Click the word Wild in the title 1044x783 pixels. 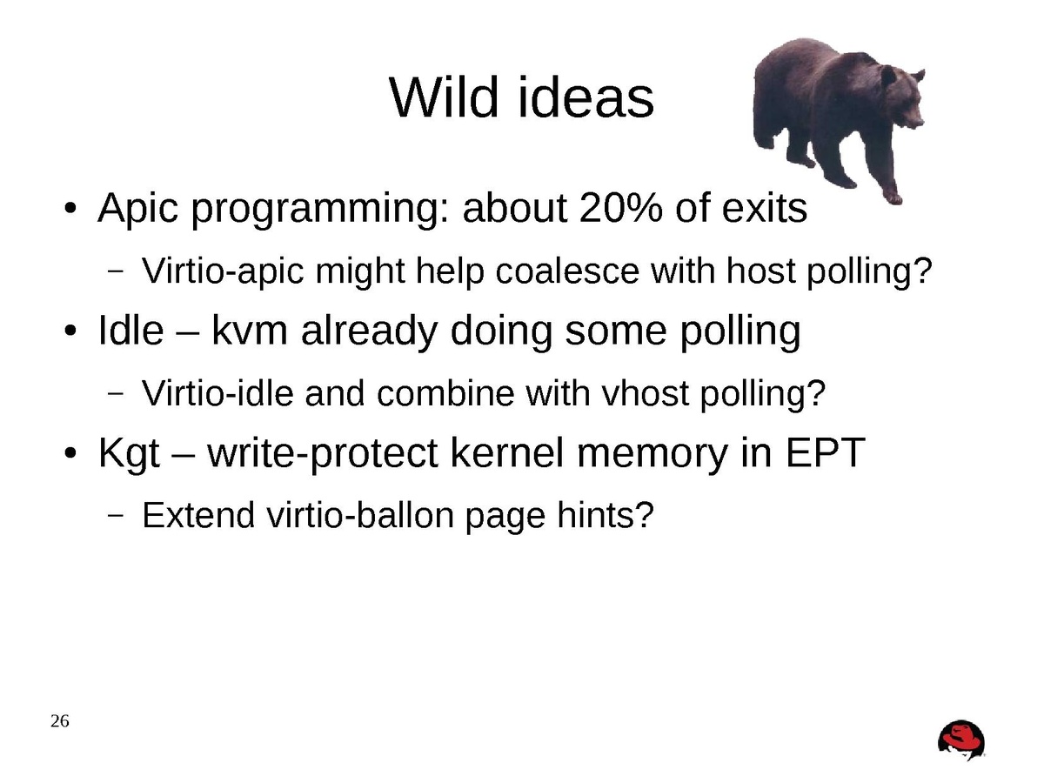[444, 97]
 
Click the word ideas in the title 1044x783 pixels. [586, 97]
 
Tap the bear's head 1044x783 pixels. [901, 97]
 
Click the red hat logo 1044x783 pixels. [961, 740]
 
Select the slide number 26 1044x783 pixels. [60, 720]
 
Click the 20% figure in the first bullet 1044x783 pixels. [620, 208]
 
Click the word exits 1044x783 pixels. [765, 208]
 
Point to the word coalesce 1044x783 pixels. [567, 271]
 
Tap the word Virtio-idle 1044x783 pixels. [217, 393]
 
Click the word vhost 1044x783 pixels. [646, 393]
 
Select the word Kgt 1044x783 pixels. [129, 453]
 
